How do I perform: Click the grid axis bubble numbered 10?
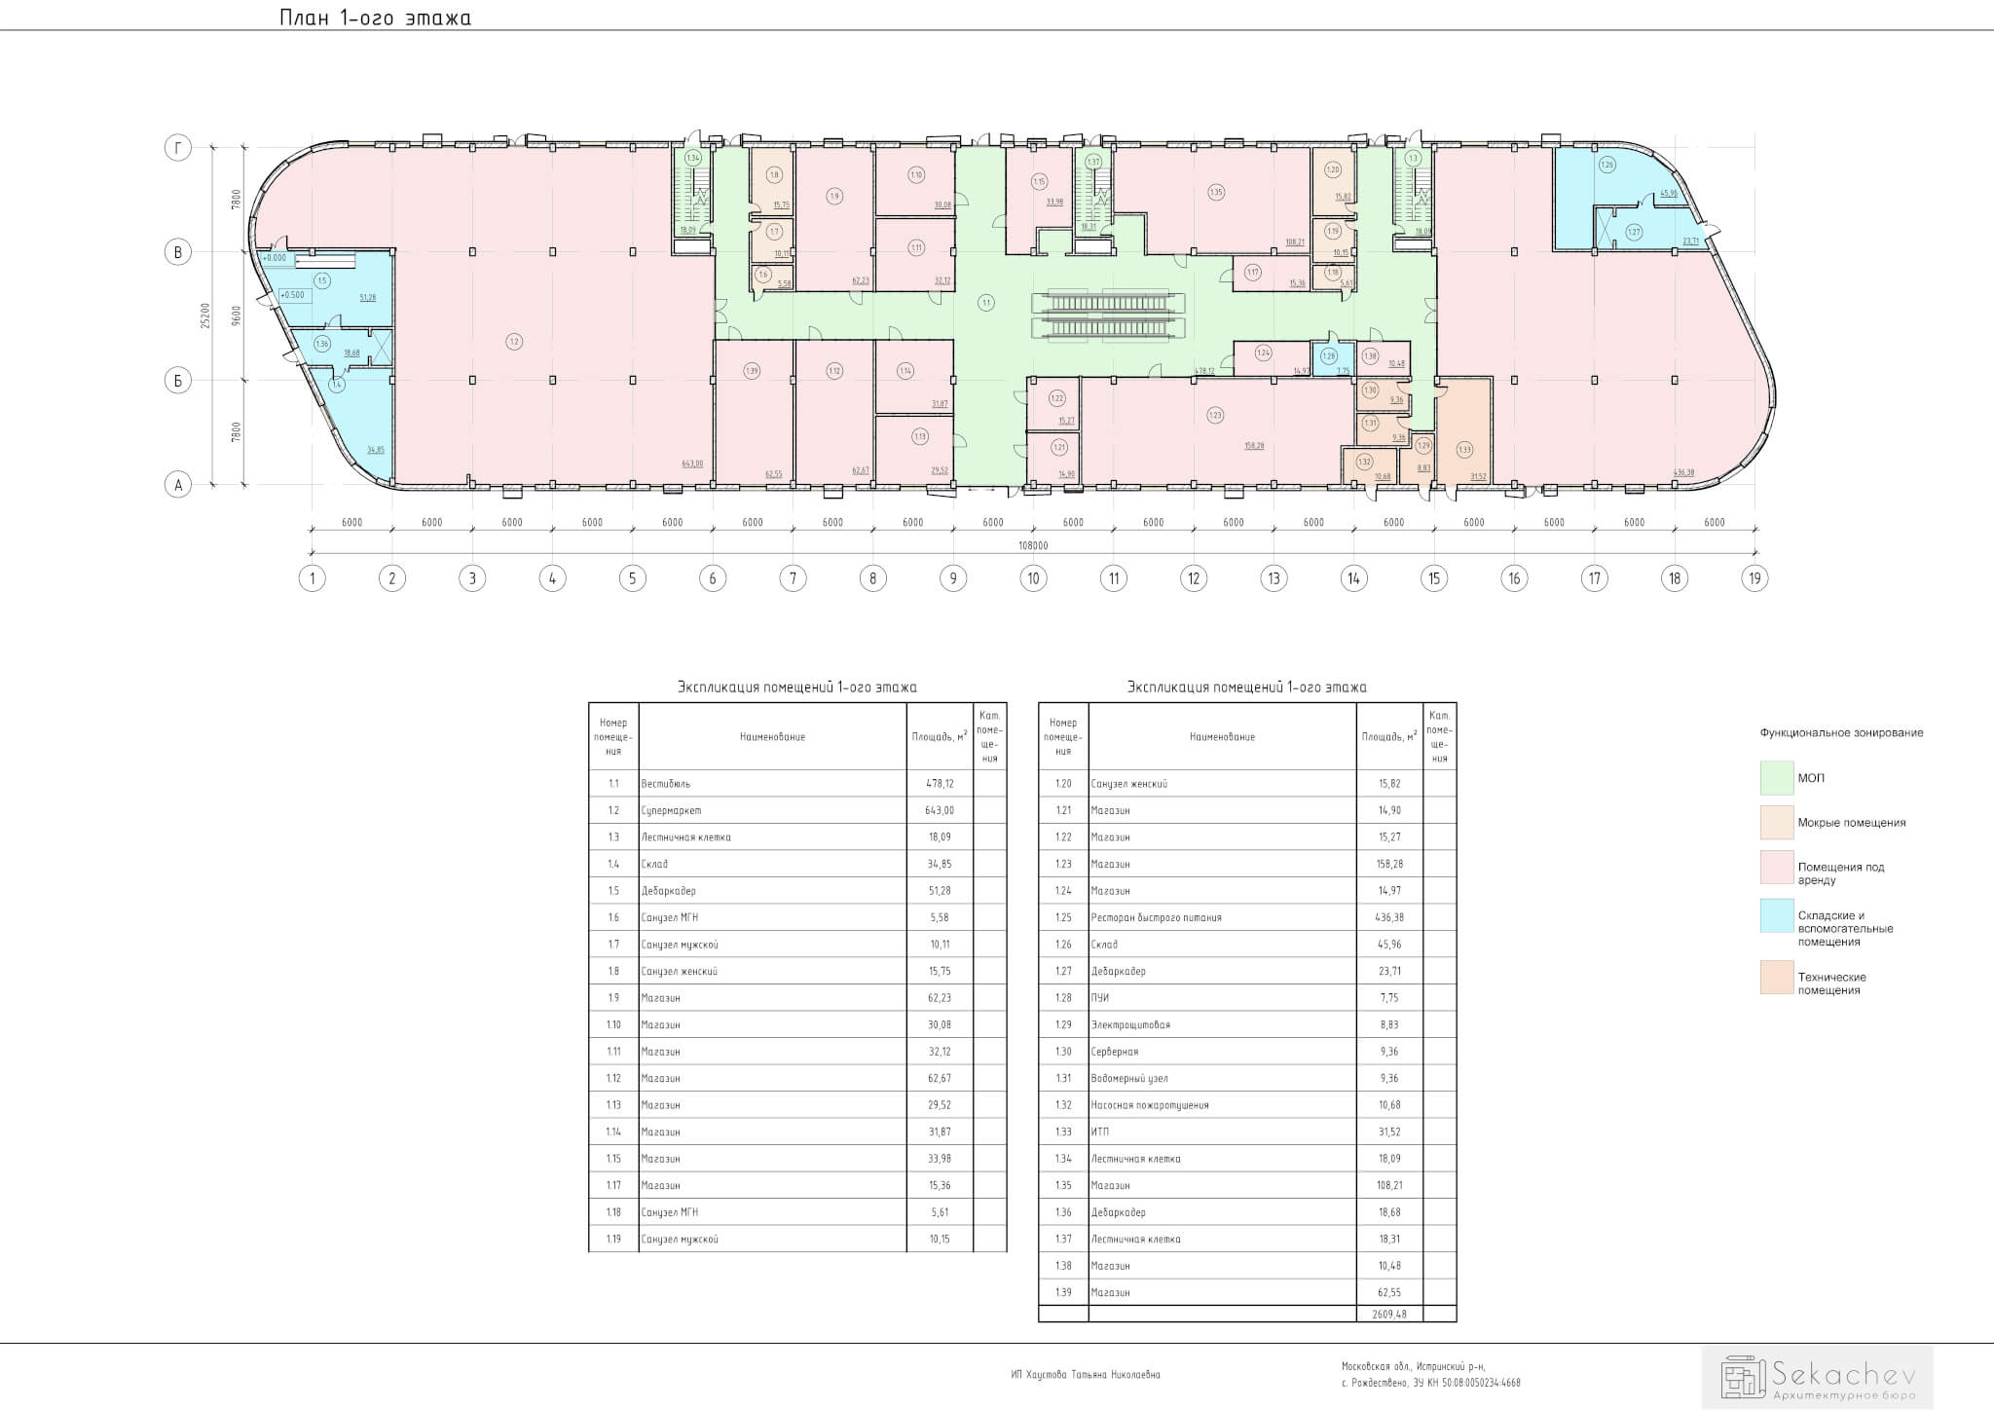1033,578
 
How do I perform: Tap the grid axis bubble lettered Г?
177,148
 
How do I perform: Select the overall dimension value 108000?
1033,546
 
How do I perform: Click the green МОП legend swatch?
1776,778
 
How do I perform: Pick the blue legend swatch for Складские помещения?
1776,916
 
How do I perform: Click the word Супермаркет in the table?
671,810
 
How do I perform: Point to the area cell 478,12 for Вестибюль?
939,784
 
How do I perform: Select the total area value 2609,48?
1388,1314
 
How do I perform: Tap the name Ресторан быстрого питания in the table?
1157,917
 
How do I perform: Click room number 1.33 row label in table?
1063,1132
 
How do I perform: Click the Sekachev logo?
1817,1377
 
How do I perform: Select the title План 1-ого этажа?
375,19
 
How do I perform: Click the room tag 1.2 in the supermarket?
514,341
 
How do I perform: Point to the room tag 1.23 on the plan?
1215,416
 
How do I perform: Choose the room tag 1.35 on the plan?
1215,192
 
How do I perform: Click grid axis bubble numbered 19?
1754,578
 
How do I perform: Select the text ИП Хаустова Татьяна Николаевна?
1086,1375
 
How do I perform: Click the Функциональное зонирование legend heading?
1841,733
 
